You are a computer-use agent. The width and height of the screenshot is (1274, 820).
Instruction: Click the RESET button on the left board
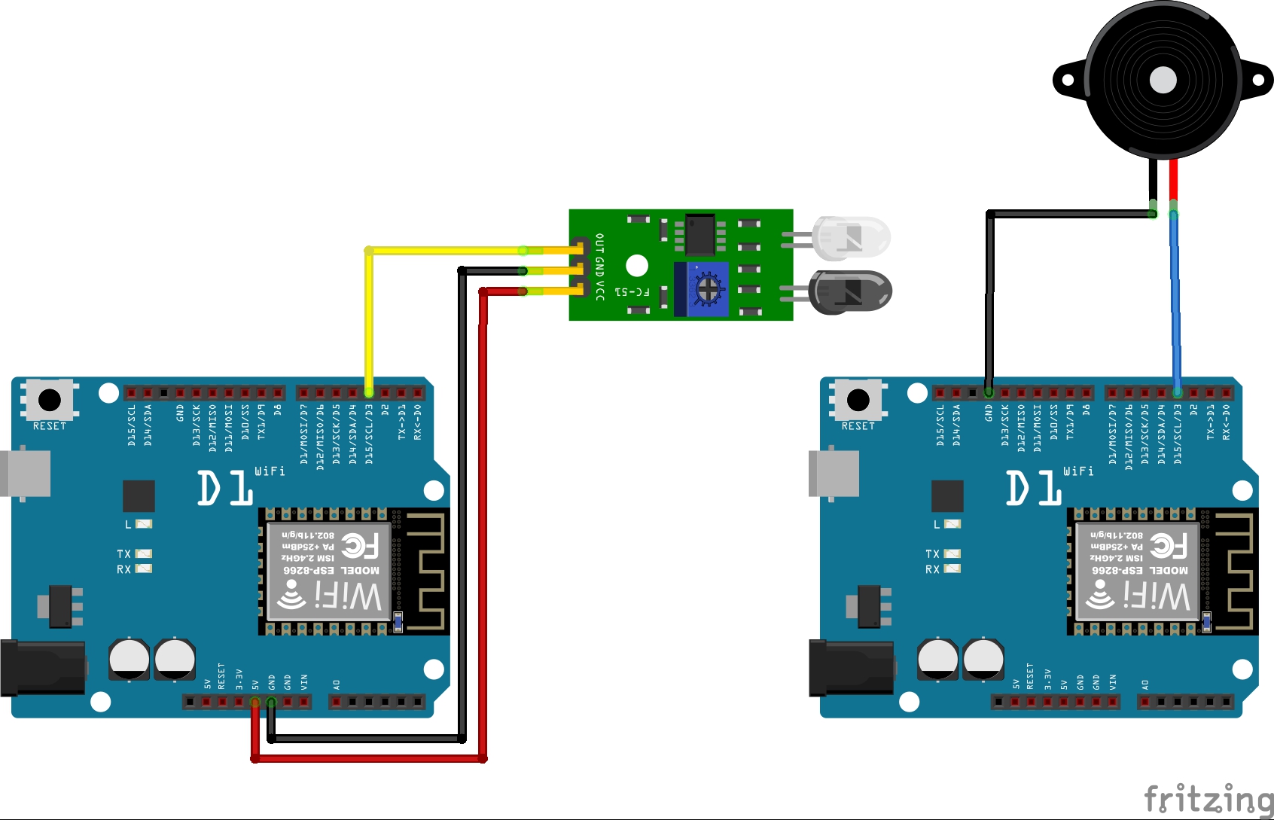click(50, 399)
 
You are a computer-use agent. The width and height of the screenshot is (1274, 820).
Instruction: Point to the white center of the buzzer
click(1163, 80)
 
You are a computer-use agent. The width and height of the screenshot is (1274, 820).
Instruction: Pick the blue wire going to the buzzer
click(1175, 301)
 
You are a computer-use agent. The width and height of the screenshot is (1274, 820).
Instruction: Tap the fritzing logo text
click(1208, 799)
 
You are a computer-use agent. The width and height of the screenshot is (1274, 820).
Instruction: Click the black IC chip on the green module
click(699, 234)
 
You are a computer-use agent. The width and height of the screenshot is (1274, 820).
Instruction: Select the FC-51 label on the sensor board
click(632, 291)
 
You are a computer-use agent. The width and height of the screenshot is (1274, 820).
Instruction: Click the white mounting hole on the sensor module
click(637, 266)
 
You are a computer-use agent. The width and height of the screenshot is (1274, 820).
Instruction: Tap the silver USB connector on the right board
click(834, 474)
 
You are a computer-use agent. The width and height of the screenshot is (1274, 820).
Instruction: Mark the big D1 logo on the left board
click(224, 489)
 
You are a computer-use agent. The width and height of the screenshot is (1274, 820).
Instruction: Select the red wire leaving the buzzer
click(1173, 181)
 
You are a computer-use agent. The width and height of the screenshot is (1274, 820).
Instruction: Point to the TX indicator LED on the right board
click(952, 553)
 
